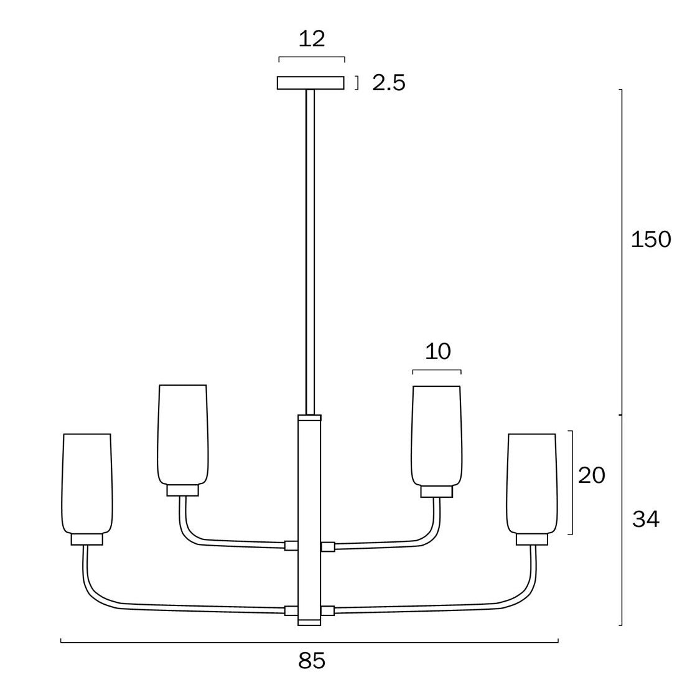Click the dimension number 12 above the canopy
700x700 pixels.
coord(312,39)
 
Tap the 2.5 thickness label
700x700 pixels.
coord(389,83)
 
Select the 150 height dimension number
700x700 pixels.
coord(651,240)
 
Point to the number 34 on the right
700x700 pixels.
coord(645,519)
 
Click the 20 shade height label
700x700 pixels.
coord(592,475)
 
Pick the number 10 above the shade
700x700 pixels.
coord(438,352)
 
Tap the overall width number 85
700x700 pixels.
coord(312,661)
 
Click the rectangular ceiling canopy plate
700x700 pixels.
coord(310,83)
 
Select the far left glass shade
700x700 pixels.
coord(86,483)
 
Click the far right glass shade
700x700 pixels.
coord(532,483)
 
